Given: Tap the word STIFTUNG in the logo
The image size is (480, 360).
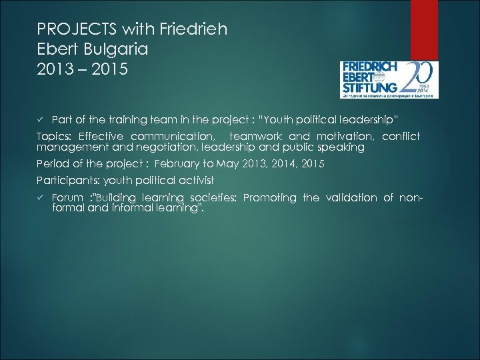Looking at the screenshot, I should tap(369, 86).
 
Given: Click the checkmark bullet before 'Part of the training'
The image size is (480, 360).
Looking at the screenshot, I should tap(40, 119).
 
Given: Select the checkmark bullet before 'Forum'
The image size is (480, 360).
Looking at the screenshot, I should tap(40, 198).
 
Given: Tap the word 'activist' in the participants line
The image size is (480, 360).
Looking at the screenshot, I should tap(195, 181).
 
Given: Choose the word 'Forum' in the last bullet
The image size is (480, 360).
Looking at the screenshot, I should tap(67, 198).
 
